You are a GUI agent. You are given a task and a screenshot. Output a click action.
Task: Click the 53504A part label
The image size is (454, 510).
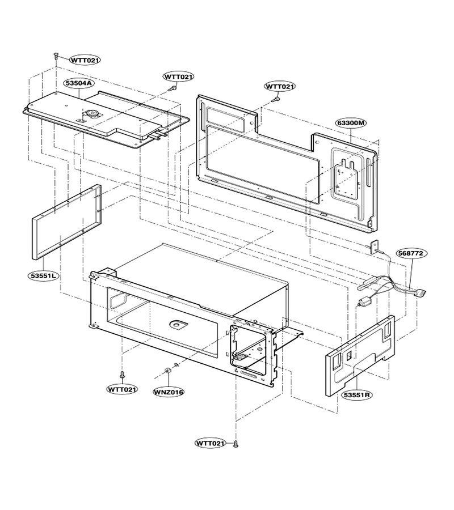click(x=79, y=83)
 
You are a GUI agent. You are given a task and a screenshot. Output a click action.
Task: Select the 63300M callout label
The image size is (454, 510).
click(x=351, y=123)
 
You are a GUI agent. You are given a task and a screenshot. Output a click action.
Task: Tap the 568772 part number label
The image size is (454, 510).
click(x=411, y=253)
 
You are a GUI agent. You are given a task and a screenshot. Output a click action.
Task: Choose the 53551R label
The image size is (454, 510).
click(x=358, y=395)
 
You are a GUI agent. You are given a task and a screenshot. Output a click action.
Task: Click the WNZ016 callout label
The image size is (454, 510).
click(x=169, y=392)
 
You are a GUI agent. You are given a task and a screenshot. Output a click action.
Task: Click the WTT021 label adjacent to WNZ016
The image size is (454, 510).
click(x=122, y=389)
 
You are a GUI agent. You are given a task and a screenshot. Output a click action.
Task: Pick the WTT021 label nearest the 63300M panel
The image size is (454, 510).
click(x=280, y=87)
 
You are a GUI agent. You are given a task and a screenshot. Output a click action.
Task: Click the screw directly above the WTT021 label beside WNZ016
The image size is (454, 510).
click(x=122, y=375)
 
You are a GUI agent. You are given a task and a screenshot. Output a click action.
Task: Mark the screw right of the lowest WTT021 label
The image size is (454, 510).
click(x=236, y=444)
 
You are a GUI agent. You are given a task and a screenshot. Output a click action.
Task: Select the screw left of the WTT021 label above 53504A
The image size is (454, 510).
click(x=56, y=56)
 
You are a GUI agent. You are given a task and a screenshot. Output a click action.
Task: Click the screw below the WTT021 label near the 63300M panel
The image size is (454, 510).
click(x=276, y=97)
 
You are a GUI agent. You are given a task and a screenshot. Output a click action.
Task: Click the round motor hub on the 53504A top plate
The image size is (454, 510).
click(x=91, y=113)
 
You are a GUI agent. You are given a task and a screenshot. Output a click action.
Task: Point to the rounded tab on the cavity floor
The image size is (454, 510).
click(x=179, y=324)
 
